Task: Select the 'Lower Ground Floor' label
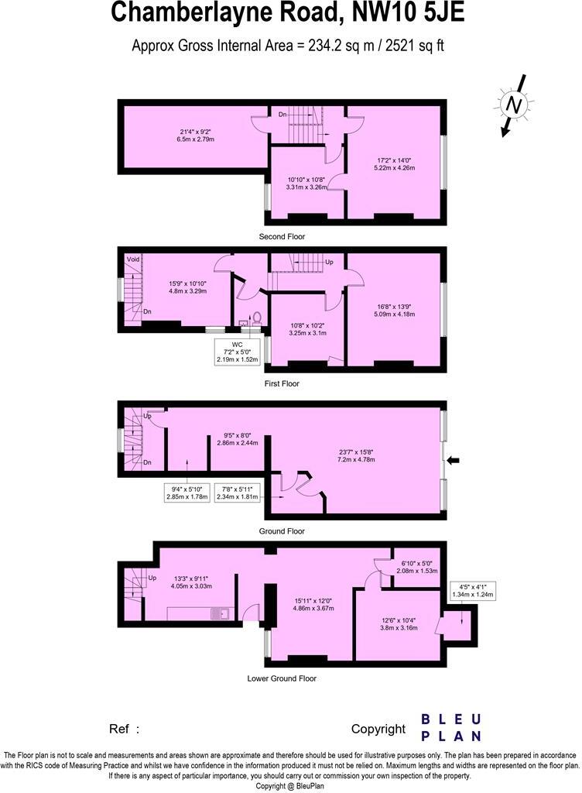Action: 282,678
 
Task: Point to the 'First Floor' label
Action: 282,383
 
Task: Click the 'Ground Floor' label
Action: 282,531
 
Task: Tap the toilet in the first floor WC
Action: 255,318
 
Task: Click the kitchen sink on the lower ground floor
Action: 222,613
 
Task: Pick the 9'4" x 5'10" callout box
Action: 188,493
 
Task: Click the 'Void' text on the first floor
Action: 132,259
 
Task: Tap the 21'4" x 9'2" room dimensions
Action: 195,136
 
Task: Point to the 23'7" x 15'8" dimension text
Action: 356,455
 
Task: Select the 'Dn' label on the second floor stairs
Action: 284,115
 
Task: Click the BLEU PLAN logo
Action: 451,727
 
